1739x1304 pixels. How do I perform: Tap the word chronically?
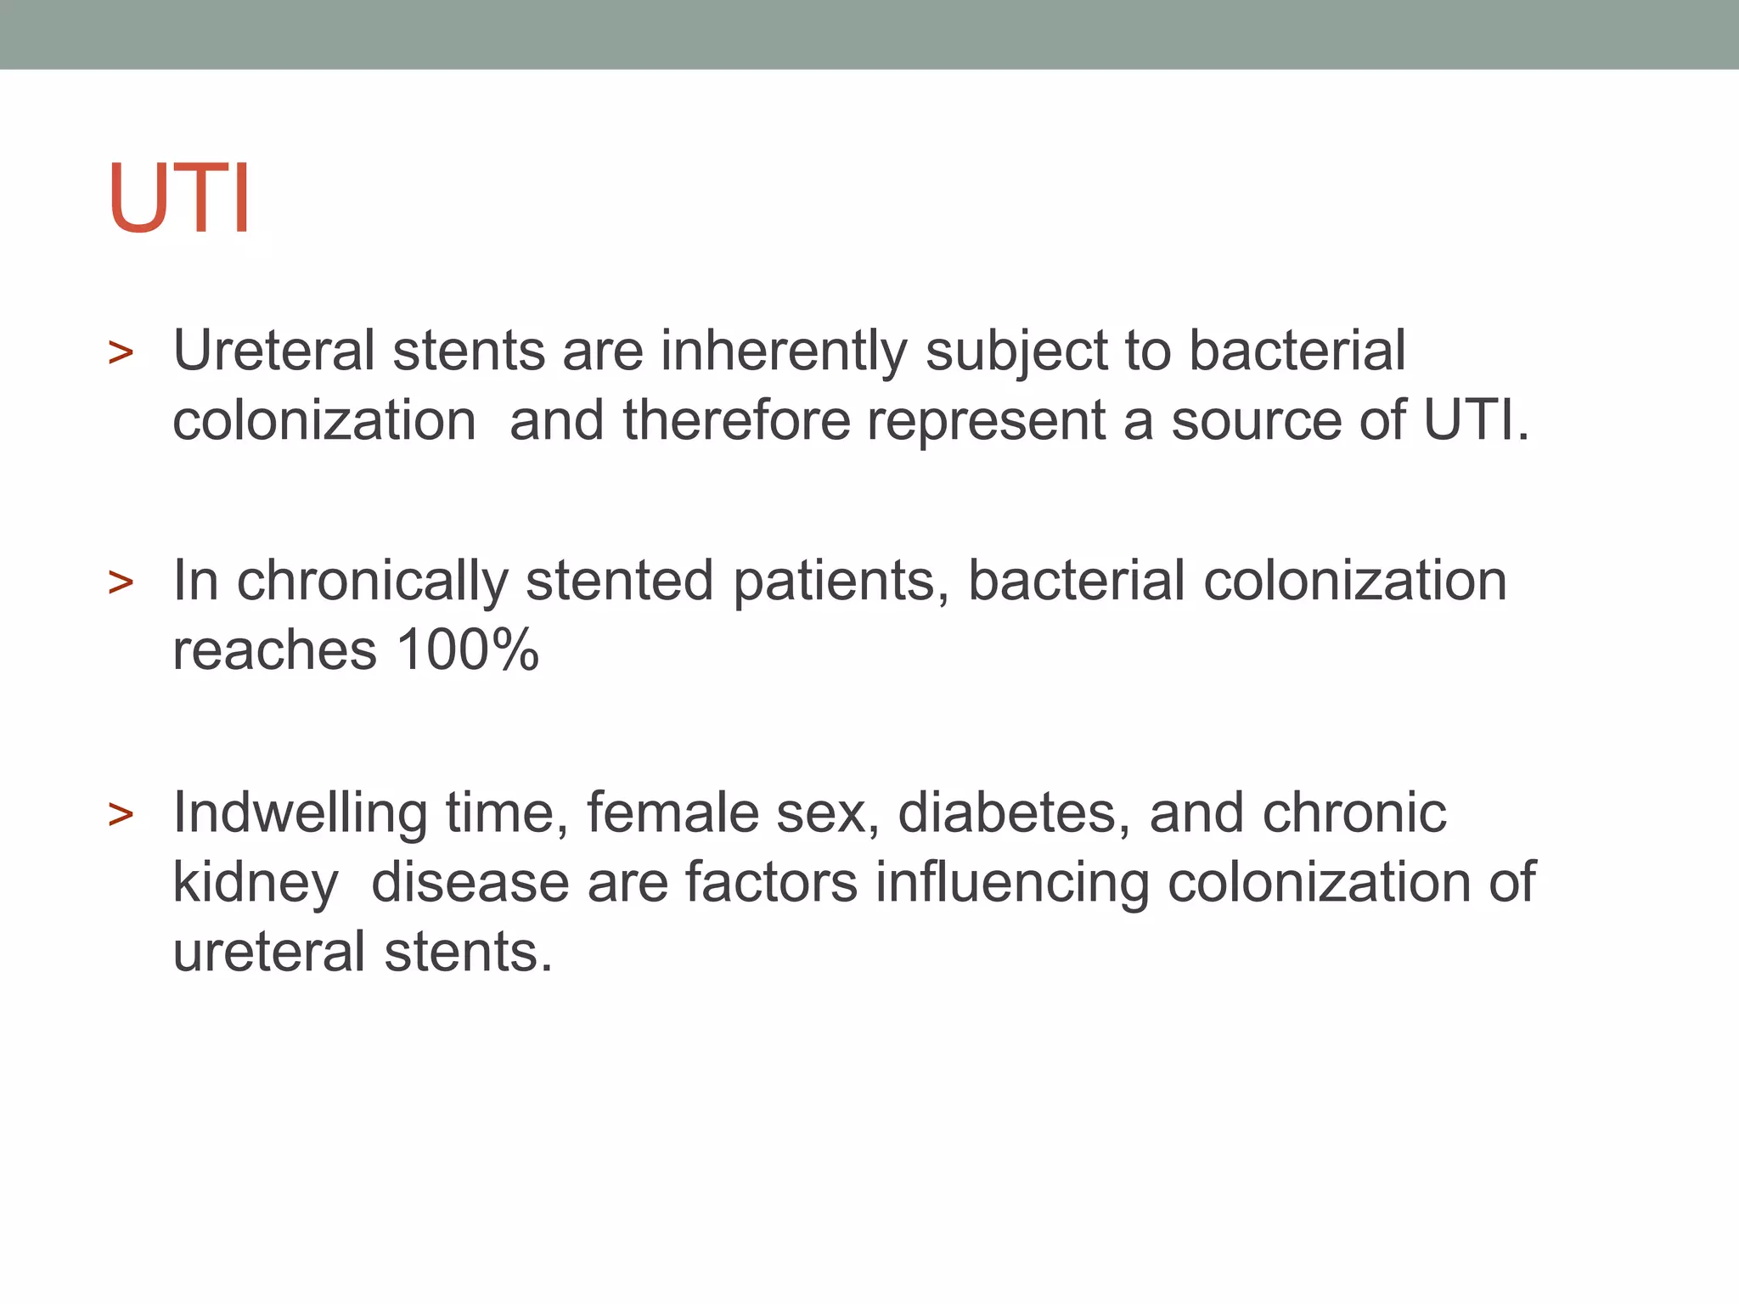point(372,582)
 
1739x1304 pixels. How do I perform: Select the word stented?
point(619,582)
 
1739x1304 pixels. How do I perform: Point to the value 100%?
point(467,650)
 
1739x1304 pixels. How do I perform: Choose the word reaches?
point(274,651)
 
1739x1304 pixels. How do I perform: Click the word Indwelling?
point(300,814)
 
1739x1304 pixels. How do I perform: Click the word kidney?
point(255,884)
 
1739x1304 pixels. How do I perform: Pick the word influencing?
point(1012,884)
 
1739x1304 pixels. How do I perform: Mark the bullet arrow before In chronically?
point(121,583)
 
